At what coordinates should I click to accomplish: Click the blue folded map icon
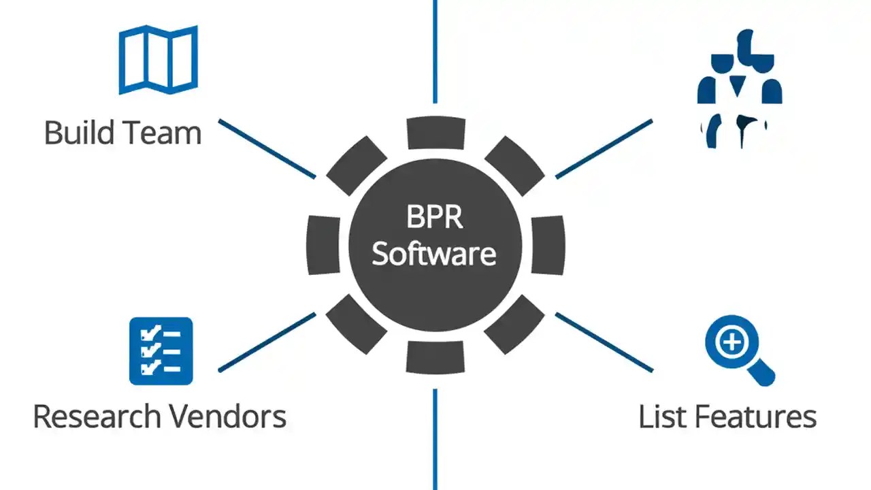point(158,59)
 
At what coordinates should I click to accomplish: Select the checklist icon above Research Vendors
point(161,351)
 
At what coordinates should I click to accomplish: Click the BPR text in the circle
point(435,218)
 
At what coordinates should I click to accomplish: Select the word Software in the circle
point(434,253)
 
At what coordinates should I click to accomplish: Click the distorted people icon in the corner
point(740,88)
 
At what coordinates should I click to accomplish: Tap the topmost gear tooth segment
point(435,133)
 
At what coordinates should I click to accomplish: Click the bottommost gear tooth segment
point(435,357)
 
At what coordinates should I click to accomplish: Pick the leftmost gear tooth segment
point(323,245)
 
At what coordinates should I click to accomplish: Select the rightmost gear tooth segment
point(548,245)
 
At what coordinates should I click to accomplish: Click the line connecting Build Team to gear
point(267,149)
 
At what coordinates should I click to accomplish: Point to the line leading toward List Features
point(604,342)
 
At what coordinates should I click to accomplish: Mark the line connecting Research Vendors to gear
point(267,342)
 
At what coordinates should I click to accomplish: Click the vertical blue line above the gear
point(435,51)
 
